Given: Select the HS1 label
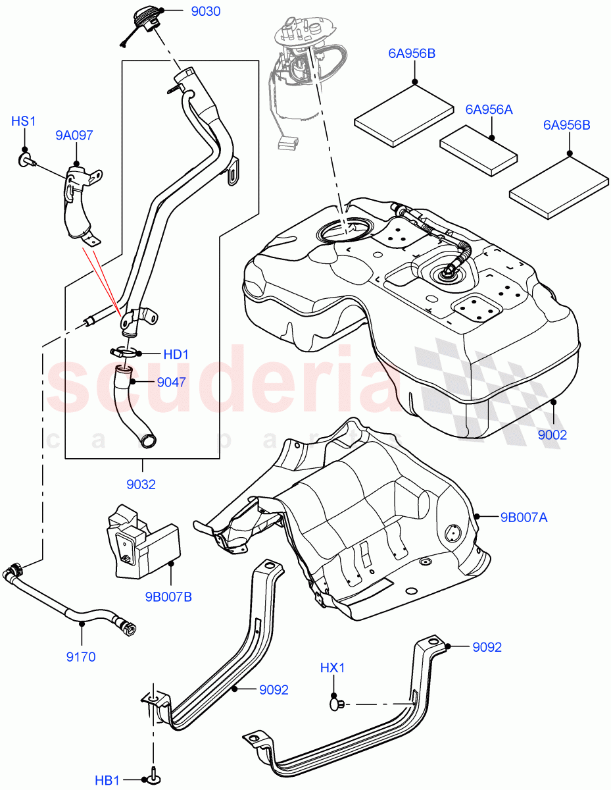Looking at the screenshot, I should tap(24, 121).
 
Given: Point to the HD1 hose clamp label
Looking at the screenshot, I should tap(176, 354).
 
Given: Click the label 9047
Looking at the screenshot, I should tap(170, 381).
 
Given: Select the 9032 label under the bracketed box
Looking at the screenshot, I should tap(141, 485).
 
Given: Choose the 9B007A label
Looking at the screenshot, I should tap(524, 517).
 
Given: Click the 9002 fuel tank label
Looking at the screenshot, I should tap(552, 435).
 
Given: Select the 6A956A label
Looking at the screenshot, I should tap(489, 109).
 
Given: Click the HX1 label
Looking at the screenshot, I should tap(333, 668).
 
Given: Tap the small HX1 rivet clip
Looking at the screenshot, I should tap(337, 704).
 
